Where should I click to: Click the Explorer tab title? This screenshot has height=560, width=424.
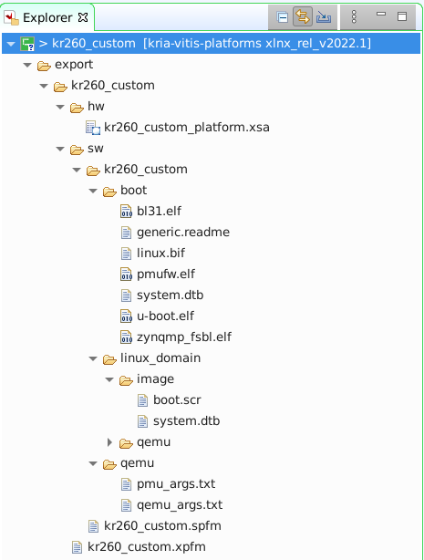pyautogui.click(x=47, y=17)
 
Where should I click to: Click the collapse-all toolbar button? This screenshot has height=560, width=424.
pyautogui.click(x=282, y=17)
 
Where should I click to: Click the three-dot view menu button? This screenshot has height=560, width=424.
pyautogui.click(x=354, y=16)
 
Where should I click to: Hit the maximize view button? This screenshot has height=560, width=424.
pyautogui.click(x=402, y=16)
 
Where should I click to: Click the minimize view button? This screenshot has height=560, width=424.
pyautogui.click(x=381, y=14)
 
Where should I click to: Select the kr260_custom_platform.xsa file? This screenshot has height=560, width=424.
pyautogui.click(x=186, y=127)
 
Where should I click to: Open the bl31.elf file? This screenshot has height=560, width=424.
pyautogui.click(x=159, y=211)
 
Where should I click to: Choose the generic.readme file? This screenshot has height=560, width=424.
pyautogui.click(x=183, y=233)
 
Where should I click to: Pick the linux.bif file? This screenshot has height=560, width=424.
pyautogui.click(x=160, y=254)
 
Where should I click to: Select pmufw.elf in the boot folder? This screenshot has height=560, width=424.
pyautogui.click(x=166, y=275)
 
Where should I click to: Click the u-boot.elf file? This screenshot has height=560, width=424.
pyautogui.click(x=165, y=316)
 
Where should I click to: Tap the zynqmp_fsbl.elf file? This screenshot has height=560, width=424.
pyautogui.click(x=184, y=337)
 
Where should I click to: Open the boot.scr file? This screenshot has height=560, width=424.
pyautogui.click(x=177, y=400)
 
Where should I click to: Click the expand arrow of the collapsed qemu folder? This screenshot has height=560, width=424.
pyautogui.click(x=110, y=442)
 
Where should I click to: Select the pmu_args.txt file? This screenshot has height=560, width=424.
pyautogui.click(x=176, y=484)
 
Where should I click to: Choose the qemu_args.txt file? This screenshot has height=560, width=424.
pyautogui.click(x=180, y=505)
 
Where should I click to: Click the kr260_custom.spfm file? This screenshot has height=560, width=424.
pyautogui.click(x=162, y=526)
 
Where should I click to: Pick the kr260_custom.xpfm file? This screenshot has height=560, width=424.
pyautogui.click(x=147, y=547)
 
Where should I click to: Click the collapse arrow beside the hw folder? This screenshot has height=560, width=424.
pyautogui.click(x=60, y=107)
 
